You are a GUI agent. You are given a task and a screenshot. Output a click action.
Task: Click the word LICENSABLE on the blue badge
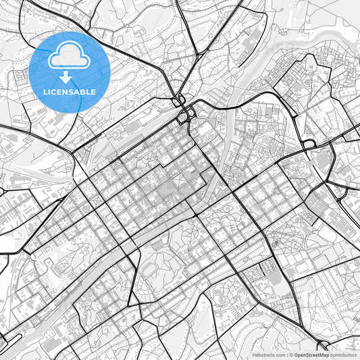click(x=70, y=92)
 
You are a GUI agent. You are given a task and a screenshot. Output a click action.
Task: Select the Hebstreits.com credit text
click(x=268, y=354)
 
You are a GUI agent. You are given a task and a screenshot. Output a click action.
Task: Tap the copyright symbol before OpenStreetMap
click(x=290, y=354)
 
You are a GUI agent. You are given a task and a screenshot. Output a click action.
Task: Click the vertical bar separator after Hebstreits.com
click(x=286, y=354)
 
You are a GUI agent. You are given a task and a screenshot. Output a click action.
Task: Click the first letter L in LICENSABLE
click(x=45, y=92)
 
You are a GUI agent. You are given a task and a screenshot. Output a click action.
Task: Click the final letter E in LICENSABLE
click(x=95, y=92)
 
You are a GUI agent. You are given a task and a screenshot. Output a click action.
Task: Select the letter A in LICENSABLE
click(x=78, y=92)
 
